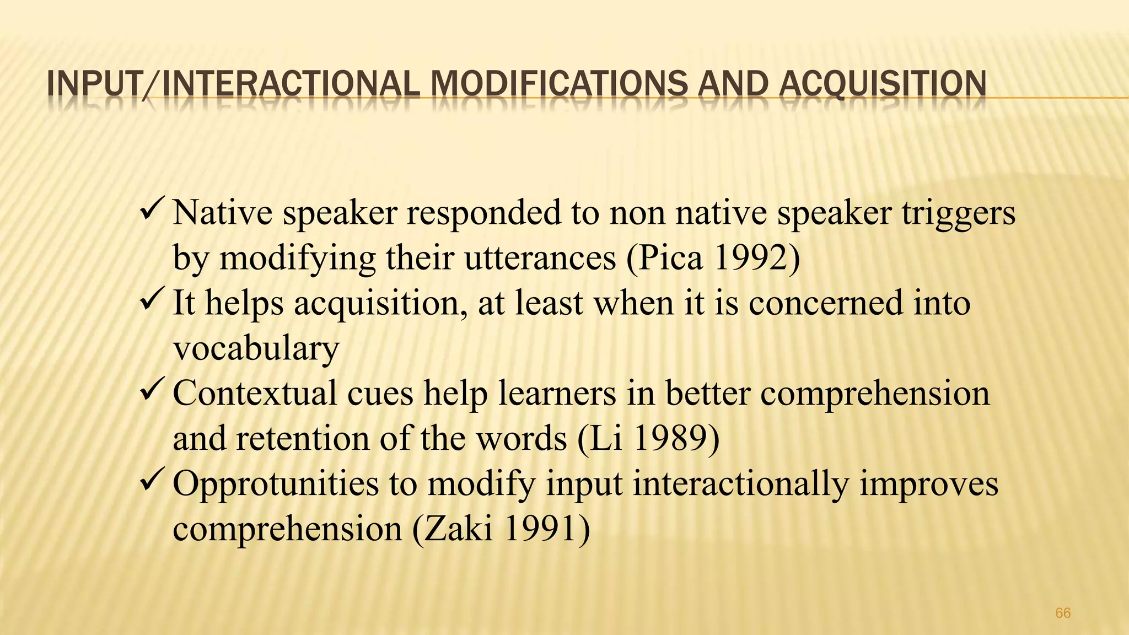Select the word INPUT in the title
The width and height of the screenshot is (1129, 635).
[93, 85]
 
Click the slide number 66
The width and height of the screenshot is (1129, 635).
[1063, 613]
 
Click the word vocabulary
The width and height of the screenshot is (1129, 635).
[256, 348]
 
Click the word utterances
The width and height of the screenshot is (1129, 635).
[540, 258]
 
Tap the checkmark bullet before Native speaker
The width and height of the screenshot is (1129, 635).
[151, 209]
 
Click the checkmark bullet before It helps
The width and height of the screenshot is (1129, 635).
[151, 300]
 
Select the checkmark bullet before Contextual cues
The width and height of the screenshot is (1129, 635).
[151, 390]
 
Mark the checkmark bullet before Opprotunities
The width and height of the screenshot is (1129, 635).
[151, 481]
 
